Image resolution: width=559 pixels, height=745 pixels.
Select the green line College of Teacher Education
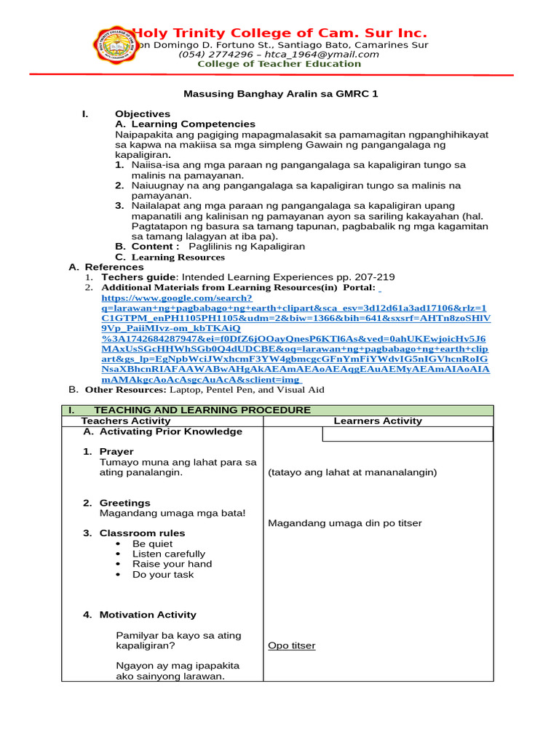tap(279, 64)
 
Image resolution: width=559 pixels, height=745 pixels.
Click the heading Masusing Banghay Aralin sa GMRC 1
tap(279, 94)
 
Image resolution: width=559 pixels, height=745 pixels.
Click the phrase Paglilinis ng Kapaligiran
tap(247, 247)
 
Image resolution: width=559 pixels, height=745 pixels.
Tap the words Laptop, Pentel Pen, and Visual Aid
tap(247, 390)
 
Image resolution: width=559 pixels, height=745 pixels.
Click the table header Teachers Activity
tap(126, 421)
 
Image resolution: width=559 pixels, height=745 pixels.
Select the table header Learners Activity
tap(378, 421)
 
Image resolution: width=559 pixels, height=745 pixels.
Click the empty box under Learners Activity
tap(408, 434)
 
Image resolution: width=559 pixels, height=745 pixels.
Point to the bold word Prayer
tap(116, 452)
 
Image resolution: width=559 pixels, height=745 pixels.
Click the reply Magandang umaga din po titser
tap(345, 524)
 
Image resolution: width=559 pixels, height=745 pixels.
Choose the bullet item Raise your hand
tap(172, 564)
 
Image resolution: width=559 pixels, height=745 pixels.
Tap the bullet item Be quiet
tap(152, 543)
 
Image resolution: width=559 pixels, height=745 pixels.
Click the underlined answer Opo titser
tap(292, 646)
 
